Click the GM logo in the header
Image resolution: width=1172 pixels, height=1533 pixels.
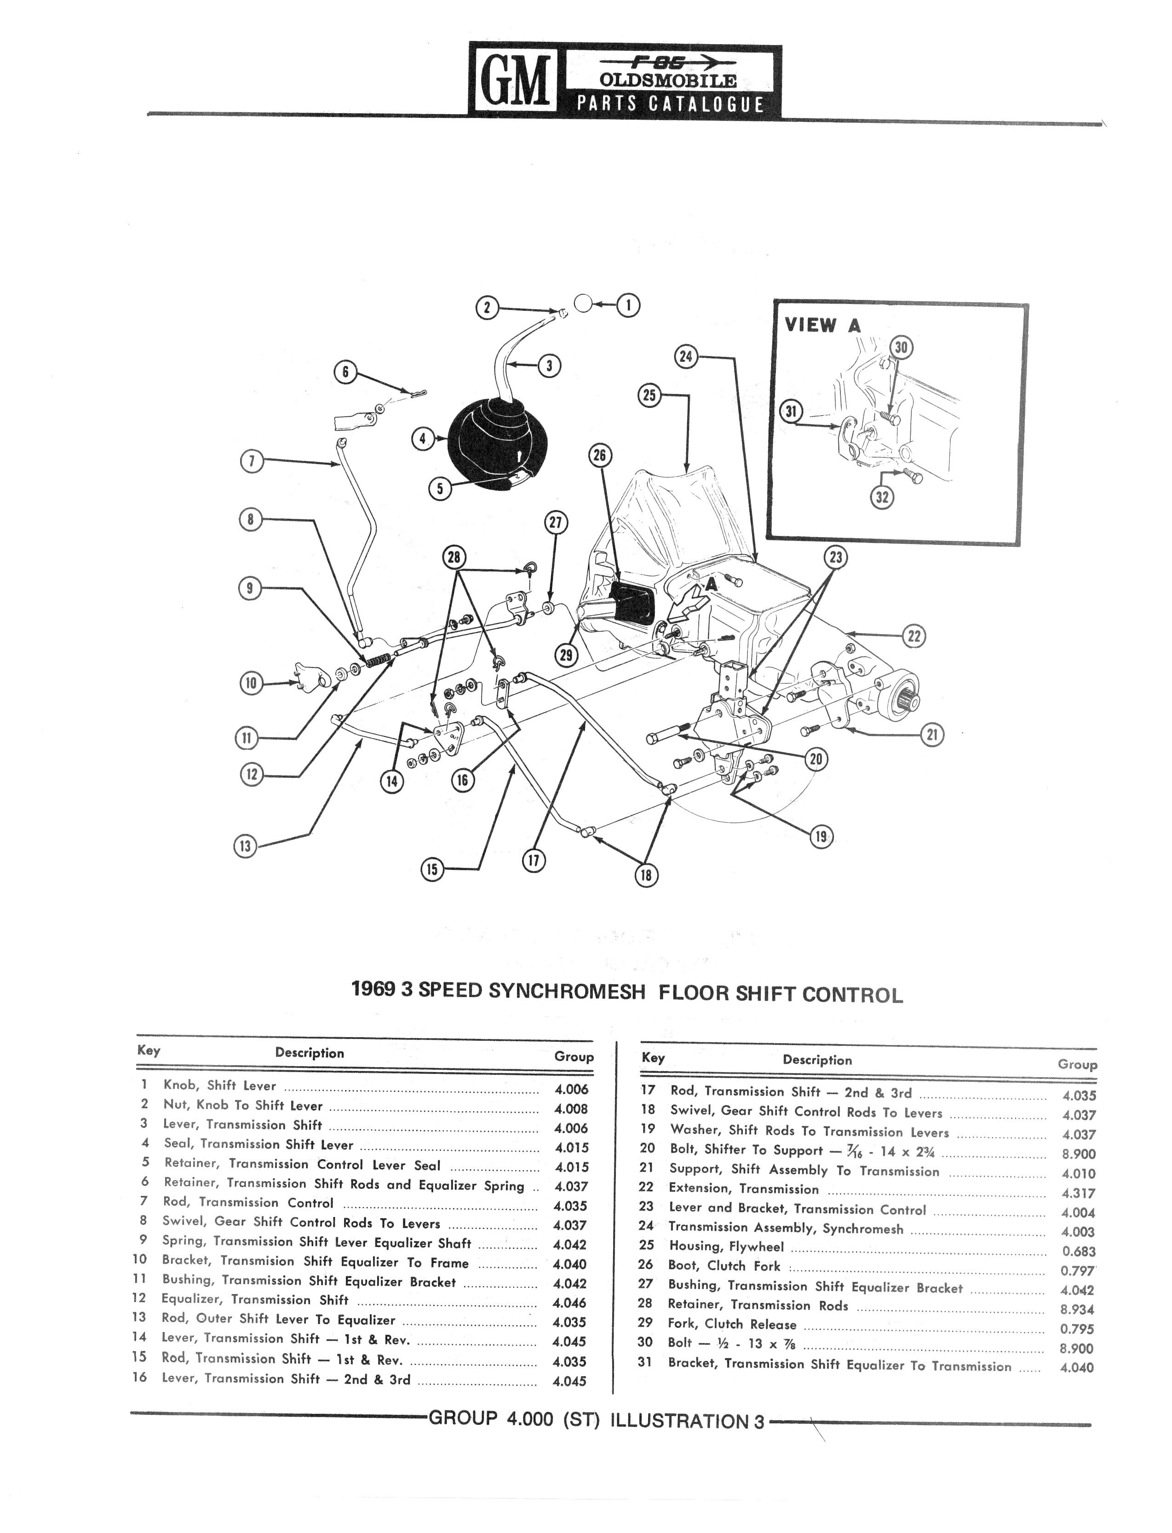(515, 78)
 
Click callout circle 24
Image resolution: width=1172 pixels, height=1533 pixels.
(686, 356)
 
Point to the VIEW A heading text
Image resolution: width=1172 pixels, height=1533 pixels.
(822, 325)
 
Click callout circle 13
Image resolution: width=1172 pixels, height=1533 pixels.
(245, 847)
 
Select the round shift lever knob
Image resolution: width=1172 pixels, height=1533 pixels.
(583, 304)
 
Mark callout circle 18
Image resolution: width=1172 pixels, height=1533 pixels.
(646, 875)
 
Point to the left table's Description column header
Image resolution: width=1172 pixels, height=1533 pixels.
(309, 1053)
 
